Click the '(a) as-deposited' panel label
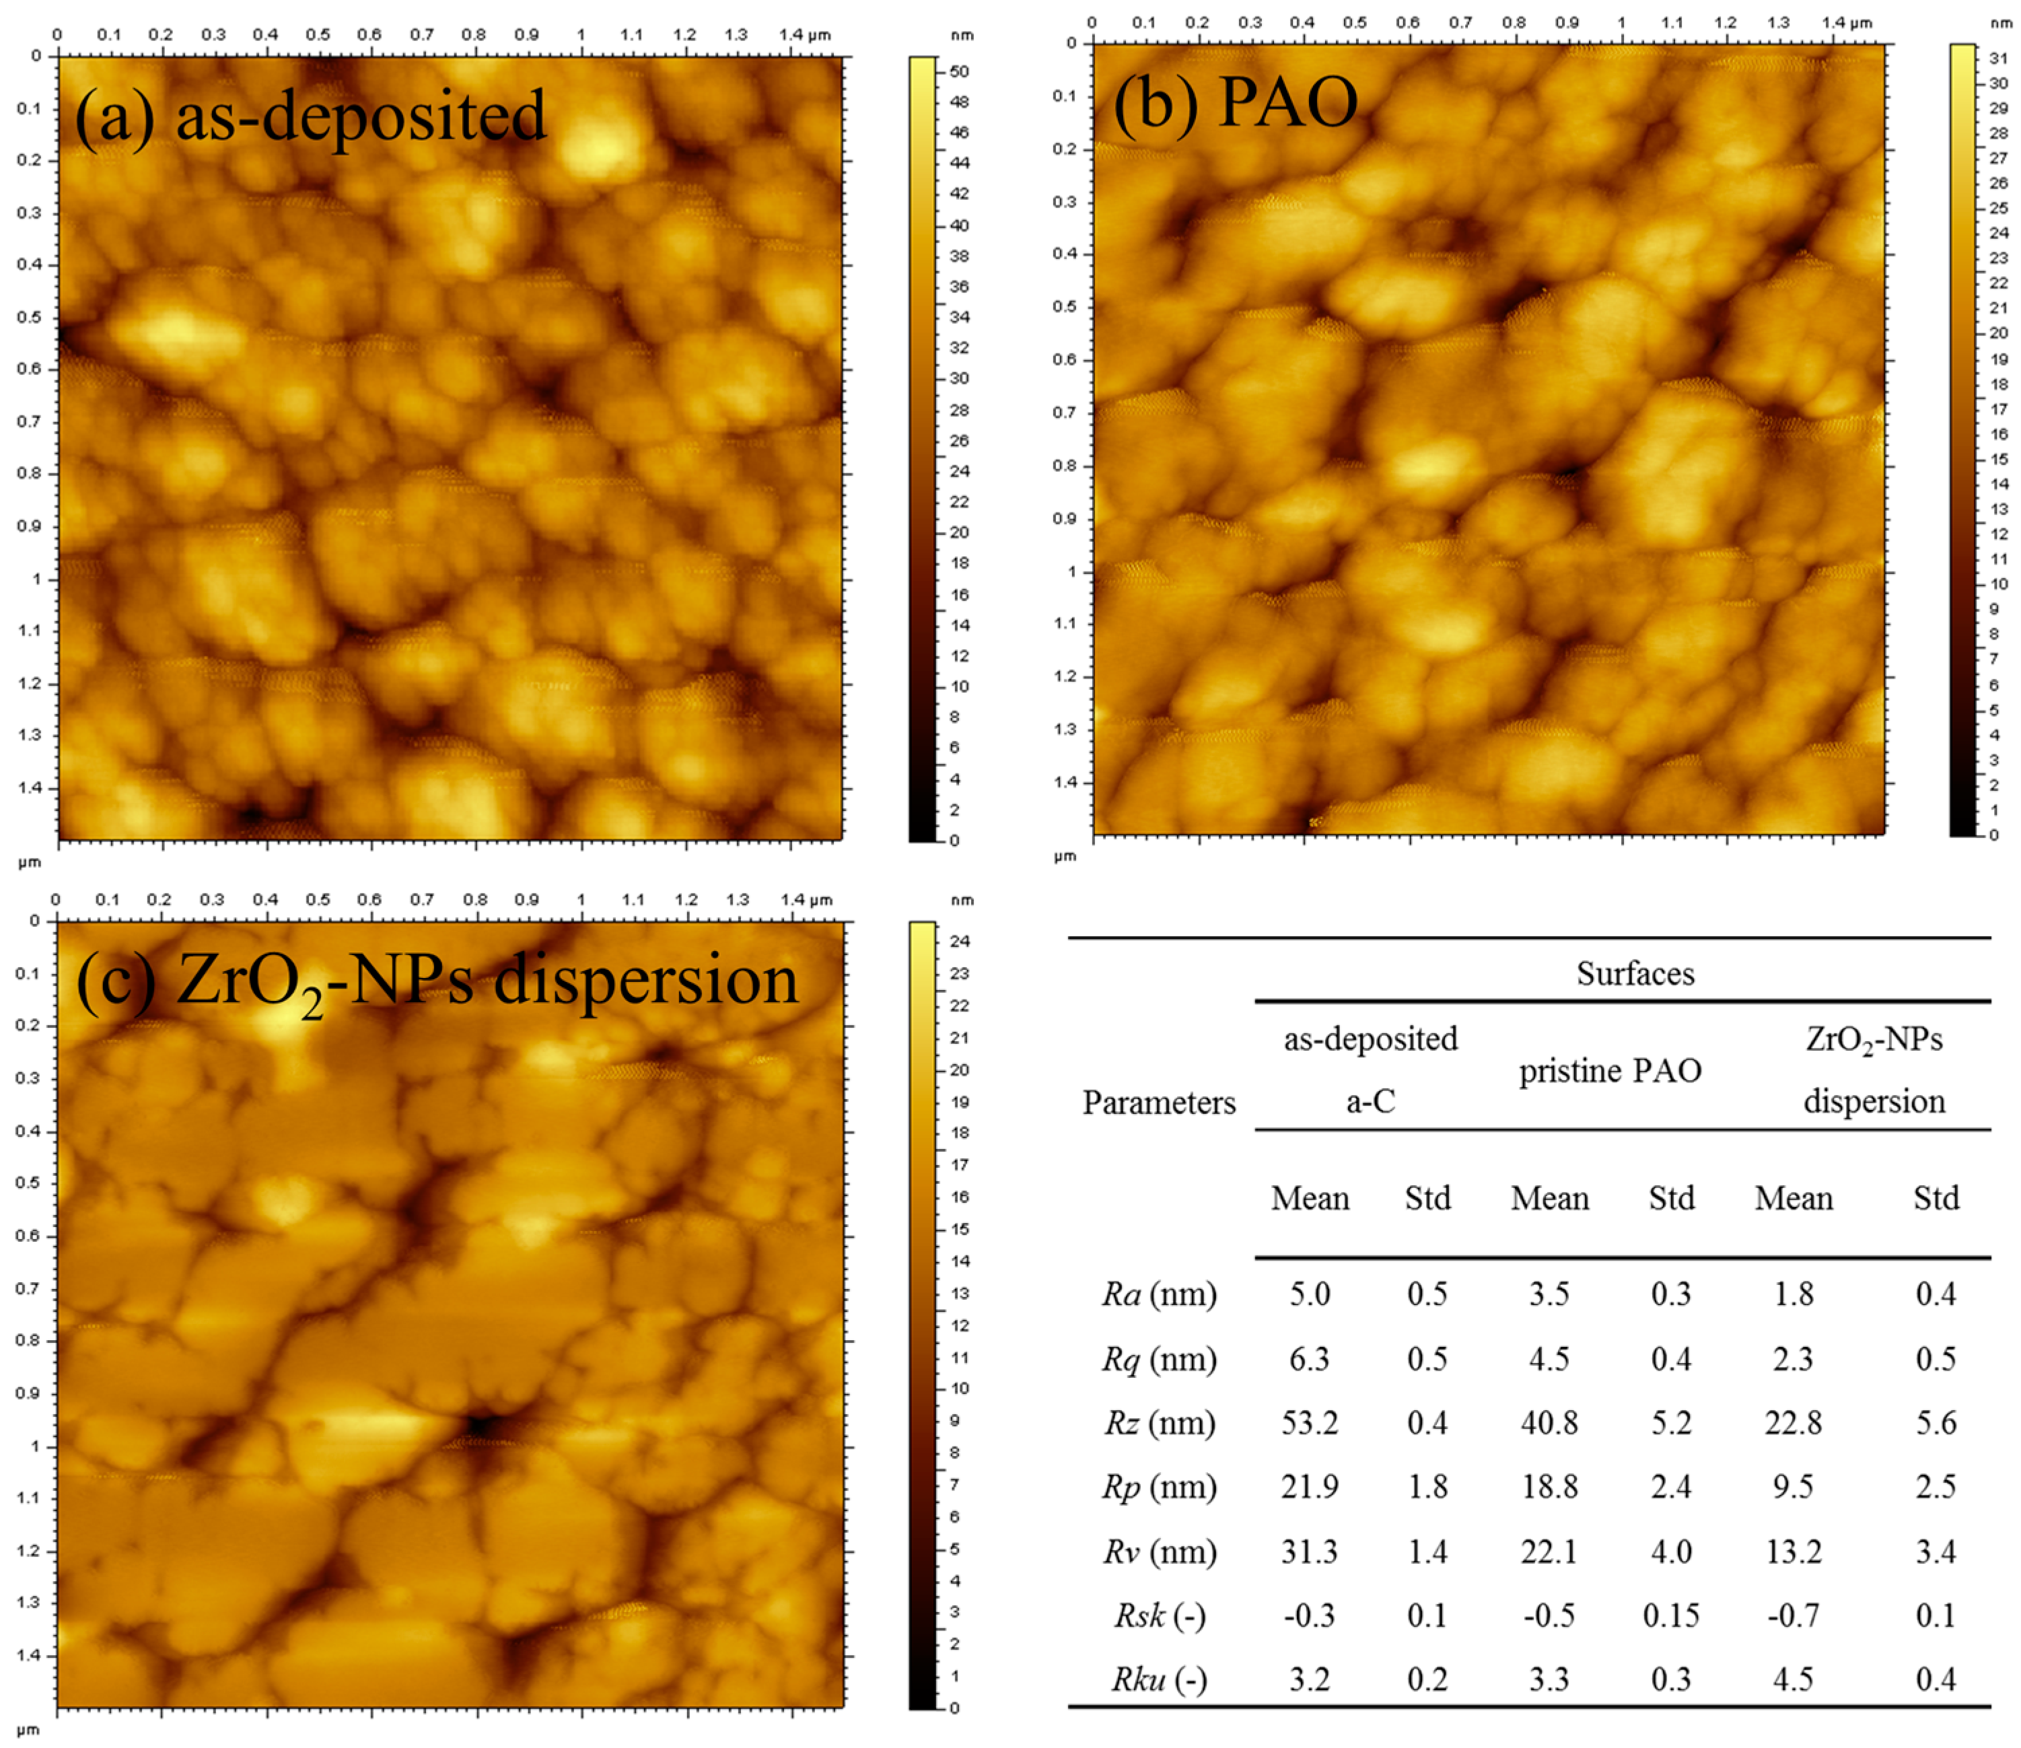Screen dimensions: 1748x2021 tap(310, 117)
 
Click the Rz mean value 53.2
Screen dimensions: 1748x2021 tap(1309, 1423)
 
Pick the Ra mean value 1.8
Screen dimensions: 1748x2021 tap(1793, 1294)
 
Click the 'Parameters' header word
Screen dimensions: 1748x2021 tap(1159, 1103)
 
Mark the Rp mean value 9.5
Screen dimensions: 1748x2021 tap(1793, 1488)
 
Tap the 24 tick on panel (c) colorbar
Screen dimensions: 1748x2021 tap(959, 941)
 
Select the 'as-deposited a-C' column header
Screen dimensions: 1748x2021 tap(1370, 1070)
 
